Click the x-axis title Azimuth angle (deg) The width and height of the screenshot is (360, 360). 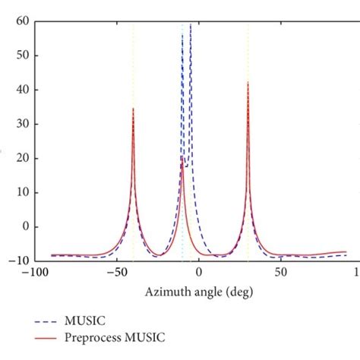click(198, 291)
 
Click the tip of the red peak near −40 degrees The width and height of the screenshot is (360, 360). click(133, 109)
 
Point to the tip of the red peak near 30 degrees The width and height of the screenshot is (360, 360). click(248, 83)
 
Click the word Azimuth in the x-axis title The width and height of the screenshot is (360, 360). click(165, 291)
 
